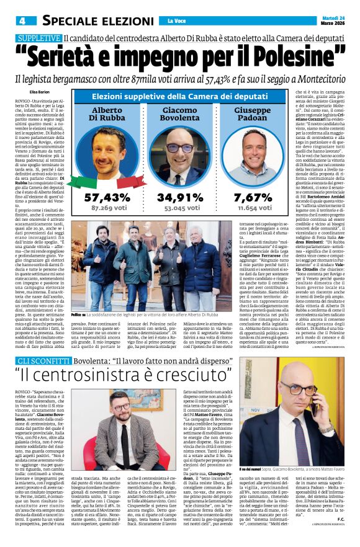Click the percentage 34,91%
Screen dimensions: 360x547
pos(180,197)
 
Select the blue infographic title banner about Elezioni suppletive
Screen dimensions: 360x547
pos(180,96)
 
